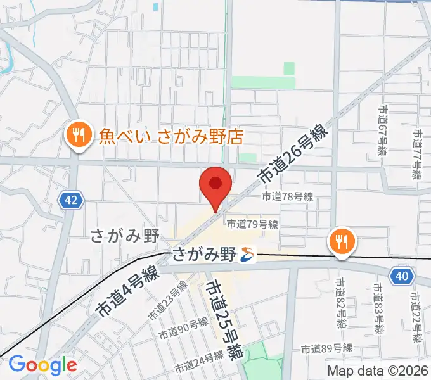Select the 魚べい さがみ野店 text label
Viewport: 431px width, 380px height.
pyautogui.click(x=171, y=136)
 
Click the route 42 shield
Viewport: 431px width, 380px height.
pyautogui.click(x=72, y=201)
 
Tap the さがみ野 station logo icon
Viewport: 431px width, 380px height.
pyautogui.click(x=247, y=255)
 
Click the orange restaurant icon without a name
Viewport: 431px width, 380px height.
pyautogui.click(x=342, y=241)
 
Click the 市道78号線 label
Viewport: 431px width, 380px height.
pyautogui.click(x=288, y=197)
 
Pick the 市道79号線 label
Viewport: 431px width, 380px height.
pyautogui.click(x=253, y=224)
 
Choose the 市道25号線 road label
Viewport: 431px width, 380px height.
pyautogui.click(x=223, y=320)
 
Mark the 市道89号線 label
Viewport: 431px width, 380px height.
pyautogui.click(x=326, y=348)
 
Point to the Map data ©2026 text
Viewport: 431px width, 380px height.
pyautogui.click(x=378, y=370)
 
